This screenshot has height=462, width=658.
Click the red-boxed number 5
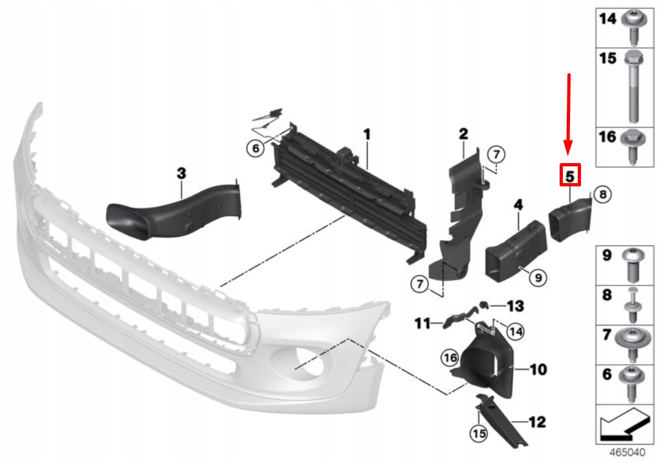tap(570, 175)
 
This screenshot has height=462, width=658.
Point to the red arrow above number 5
tap(569, 116)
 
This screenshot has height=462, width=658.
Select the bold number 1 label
tap(366, 135)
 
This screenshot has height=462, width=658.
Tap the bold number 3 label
tap(182, 173)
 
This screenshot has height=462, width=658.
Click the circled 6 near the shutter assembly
tap(256, 149)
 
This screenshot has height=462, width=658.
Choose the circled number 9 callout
tap(537, 278)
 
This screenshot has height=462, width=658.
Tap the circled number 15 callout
tap(478, 432)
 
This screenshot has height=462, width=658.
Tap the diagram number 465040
tap(625, 450)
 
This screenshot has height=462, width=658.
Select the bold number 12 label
tap(536, 423)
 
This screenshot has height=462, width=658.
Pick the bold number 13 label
tap(515, 305)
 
